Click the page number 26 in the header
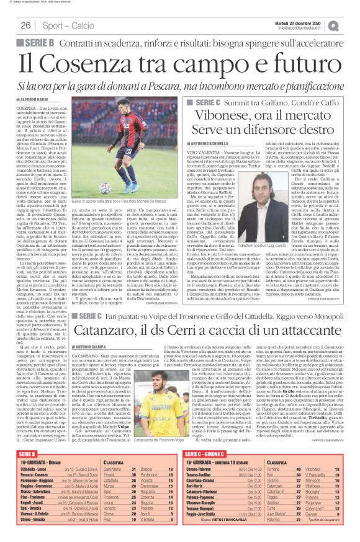click(26, 25)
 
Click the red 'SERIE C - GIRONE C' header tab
click(211, 456)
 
